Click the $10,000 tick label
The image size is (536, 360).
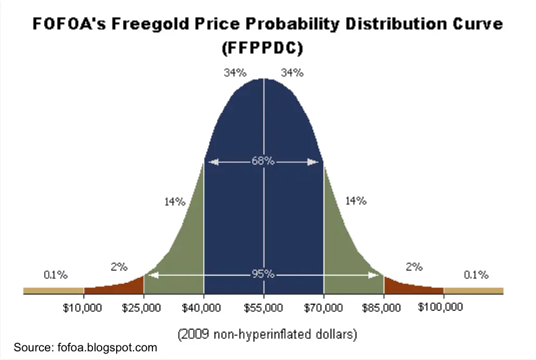[82, 308]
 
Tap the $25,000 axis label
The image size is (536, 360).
[142, 308]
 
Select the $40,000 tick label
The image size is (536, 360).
[202, 308]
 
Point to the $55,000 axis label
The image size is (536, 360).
[263, 308]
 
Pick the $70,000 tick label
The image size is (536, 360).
[323, 308]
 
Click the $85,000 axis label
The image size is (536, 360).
[381, 308]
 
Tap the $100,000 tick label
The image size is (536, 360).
[440, 306]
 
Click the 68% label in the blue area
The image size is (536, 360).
[263, 161]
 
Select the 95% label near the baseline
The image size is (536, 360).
[263, 274]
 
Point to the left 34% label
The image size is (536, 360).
[235, 72]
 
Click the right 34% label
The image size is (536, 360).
[292, 72]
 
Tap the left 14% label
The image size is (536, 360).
[175, 202]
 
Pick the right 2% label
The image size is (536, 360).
[414, 266]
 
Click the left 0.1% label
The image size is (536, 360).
[56, 275]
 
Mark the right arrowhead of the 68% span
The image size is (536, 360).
[313, 162]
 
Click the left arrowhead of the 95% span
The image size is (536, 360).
[153, 275]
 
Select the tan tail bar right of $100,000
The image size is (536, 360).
[474, 291]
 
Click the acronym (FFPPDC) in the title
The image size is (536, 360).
[263, 48]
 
